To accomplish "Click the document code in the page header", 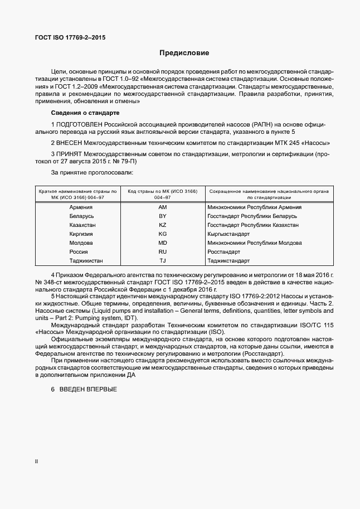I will click(70, 38).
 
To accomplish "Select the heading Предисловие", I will click(184, 54).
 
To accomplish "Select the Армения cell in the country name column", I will click(81, 207).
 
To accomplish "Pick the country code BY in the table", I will click(163, 216).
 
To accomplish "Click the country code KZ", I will click(163, 225).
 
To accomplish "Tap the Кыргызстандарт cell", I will click(228, 234).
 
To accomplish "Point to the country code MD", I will click(163, 243).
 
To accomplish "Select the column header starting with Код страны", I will click(163, 194).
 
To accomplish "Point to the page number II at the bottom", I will click(37, 462).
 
